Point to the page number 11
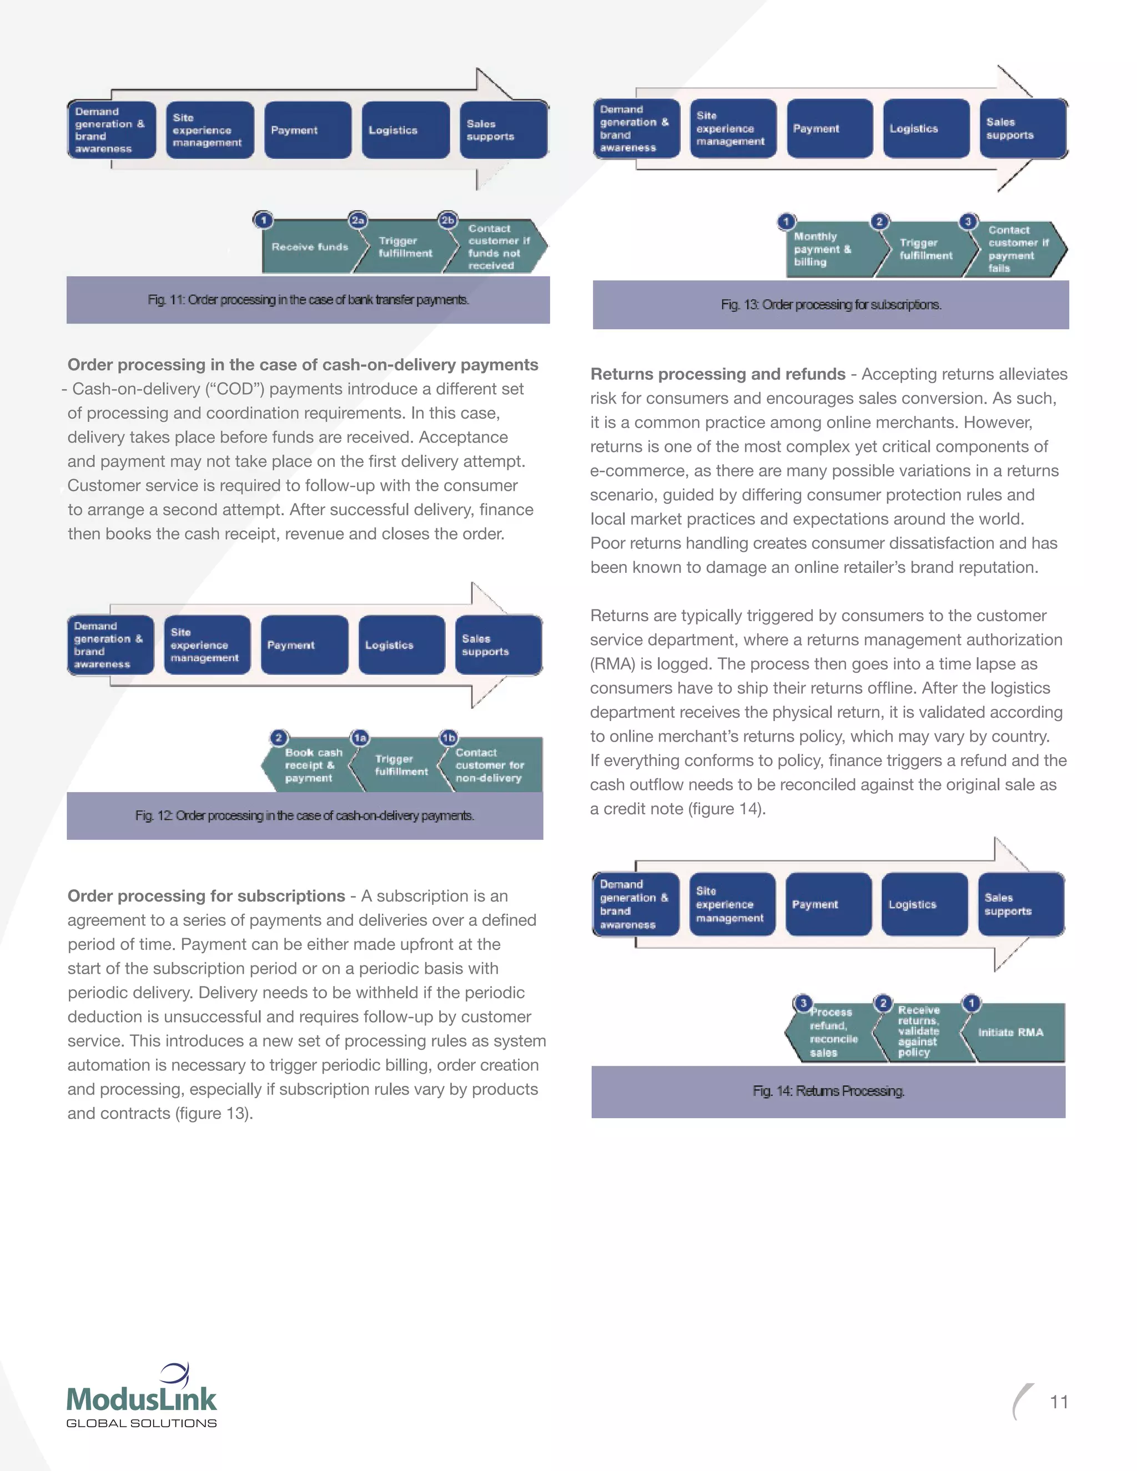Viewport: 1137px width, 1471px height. pos(1059,1402)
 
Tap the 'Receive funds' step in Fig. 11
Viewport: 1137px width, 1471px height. pos(310,247)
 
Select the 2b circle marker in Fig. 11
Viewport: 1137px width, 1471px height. pos(447,220)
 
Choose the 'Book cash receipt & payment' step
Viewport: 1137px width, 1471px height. pos(311,765)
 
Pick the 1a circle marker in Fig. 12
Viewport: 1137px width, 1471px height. pos(360,738)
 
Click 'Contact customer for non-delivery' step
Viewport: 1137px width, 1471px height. pos(490,765)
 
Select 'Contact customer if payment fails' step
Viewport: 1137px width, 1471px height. pos(1017,249)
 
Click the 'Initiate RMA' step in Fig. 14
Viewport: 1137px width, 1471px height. pos(1010,1032)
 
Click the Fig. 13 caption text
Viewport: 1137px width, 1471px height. pos(831,305)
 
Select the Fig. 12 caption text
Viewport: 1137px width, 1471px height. pos(304,815)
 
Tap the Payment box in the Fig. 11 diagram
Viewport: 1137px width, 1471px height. pos(308,130)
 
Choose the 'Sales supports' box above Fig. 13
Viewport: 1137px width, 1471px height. pos(1023,129)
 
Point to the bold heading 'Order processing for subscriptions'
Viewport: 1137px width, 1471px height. pos(206,896)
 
